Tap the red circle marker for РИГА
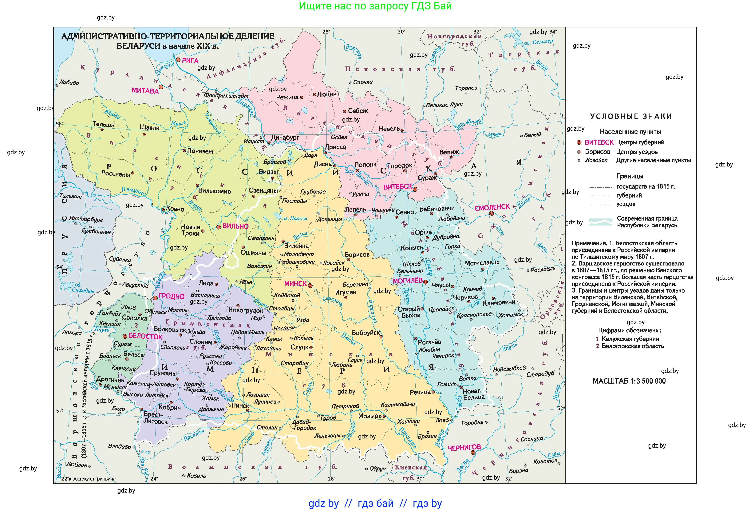pyautogui.click(x=178, y=60)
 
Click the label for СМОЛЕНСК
pyautogui.click(x=492, y=207)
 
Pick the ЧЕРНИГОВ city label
pyautogui.click(x=464, y=447)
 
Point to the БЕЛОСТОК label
pyautogui.click(x=145, y=336)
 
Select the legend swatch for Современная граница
pyautogui.click(x=600, y=222)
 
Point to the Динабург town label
pyautogui.click(x=285, y=137)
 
